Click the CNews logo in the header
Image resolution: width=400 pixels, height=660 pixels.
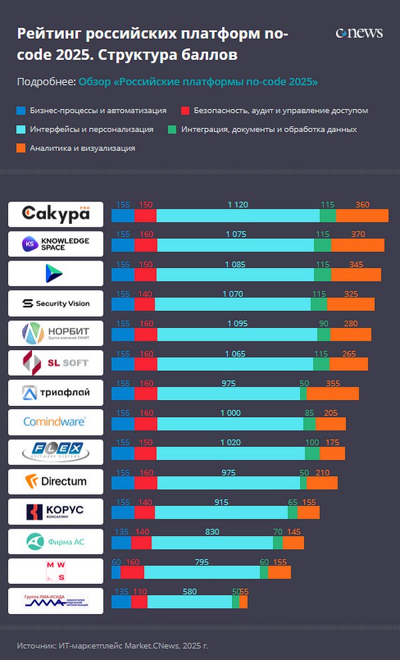point(359,33)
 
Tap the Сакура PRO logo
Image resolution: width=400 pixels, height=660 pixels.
point(56,214)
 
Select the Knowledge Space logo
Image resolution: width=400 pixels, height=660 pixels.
point(56,244)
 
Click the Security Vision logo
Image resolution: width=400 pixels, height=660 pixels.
point(56,303)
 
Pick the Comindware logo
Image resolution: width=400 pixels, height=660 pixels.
point(56,422)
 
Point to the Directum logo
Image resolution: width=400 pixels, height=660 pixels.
point(56,481)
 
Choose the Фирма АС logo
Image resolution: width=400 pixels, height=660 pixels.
point(56,541)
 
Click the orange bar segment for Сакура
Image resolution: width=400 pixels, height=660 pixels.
point(362,215)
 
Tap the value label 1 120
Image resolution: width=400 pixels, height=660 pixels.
point(237,205)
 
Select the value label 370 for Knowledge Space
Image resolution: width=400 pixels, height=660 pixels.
point(357,234)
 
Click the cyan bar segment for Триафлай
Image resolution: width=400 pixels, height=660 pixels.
point(228,393)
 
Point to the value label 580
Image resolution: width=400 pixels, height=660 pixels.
point(189,591)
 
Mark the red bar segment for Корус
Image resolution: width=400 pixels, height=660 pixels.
point(145,512)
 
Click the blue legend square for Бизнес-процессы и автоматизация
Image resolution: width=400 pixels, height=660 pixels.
point(21,111)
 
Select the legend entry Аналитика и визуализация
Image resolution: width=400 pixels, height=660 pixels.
point(82,148)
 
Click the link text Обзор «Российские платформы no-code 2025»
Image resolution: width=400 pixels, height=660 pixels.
point(198,82)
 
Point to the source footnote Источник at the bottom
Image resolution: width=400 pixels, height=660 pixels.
point(113,645)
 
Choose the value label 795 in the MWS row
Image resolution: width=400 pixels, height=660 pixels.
point(202,561)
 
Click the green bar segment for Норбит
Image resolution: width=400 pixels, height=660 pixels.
point(323,334)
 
